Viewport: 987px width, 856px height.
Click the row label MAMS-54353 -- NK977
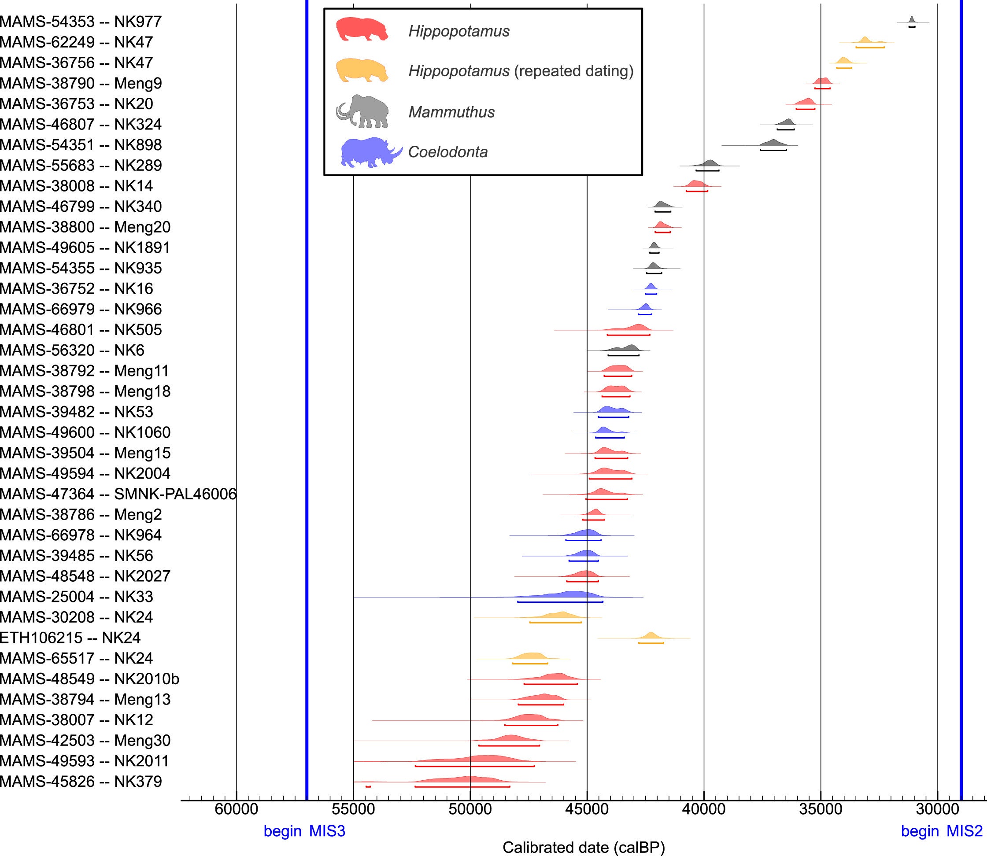[81, 22]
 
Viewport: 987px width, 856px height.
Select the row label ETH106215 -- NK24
[70, 638]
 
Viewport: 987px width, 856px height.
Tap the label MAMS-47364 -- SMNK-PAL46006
[118, 494]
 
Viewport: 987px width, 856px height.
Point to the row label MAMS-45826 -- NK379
[81, 782]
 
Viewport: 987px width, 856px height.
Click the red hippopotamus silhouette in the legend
[362, 30]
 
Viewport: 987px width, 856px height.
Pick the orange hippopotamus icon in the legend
[362, 70]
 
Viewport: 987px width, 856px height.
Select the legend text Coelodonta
[447, 152]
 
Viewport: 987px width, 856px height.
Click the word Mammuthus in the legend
[451, 112]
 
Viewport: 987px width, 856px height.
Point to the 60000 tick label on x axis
[237, 809]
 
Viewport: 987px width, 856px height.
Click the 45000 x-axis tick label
[587, 809]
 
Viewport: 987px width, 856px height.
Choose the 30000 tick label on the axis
[937, 809]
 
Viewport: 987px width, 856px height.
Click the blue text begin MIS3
[304, 831]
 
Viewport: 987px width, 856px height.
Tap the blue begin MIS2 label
[941, 831]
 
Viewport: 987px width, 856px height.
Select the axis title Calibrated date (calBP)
[583, 847]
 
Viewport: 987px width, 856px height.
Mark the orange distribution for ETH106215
[651, 635]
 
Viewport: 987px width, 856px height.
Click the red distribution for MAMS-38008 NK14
[695, 184]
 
